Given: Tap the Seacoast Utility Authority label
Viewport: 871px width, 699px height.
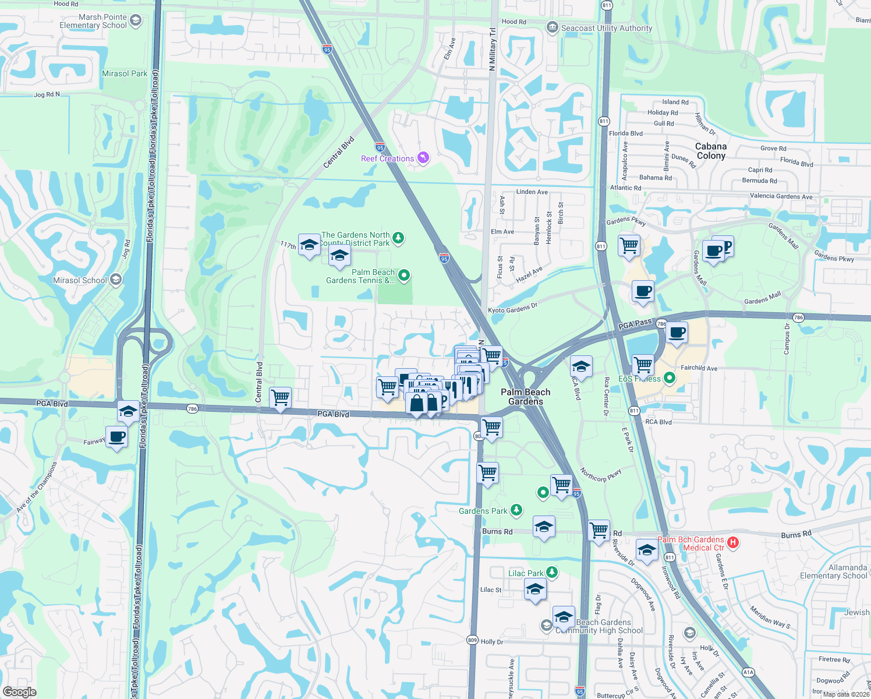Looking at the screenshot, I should coord(606,28).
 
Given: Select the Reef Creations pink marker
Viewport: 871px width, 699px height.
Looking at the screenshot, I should coord(423,158).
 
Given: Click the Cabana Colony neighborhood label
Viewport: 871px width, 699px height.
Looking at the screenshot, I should coord(711,151).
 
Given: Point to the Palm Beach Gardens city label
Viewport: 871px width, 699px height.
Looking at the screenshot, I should coord(525,397).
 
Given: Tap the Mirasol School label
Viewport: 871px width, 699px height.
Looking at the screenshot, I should coord(80,280).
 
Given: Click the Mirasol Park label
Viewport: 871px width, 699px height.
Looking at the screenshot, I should coord(125,73).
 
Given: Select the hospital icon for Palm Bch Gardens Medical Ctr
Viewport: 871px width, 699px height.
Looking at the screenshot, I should coord(733,543).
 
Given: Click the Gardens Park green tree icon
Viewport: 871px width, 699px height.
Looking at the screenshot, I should coord(516,510).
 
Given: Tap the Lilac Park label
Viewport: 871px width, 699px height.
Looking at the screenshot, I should coord(526,573).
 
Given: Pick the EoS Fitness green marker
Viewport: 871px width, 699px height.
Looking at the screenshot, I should coord(670,378).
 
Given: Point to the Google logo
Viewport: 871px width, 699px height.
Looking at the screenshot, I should coord(19,692).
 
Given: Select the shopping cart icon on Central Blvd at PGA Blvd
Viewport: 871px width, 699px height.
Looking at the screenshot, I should coord(281,398).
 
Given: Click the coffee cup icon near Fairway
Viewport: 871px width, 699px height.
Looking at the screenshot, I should coord(117,437).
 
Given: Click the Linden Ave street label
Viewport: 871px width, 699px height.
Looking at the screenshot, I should coord(532,192).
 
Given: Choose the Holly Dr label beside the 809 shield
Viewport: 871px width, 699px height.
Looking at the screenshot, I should coord(492,641).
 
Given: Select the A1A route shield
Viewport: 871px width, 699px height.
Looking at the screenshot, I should coord(748,672).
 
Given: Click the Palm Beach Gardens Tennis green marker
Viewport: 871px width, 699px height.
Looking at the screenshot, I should coord(404,276).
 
